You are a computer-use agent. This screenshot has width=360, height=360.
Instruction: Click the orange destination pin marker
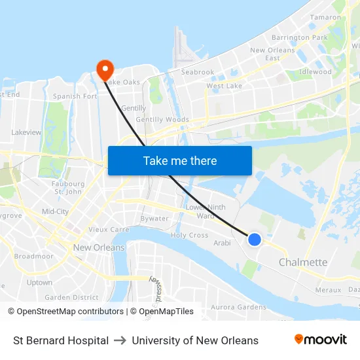point(105,69)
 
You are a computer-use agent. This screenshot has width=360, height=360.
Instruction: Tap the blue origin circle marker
point(255,240)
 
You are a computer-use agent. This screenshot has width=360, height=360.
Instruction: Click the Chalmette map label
point(303,262)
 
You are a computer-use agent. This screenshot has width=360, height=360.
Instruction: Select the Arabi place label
point(223,243)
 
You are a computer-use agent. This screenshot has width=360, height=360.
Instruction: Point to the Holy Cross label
point(190,236)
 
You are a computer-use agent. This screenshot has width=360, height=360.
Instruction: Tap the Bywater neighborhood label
point(154,219)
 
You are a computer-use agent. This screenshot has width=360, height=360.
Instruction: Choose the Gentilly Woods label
point(162,120)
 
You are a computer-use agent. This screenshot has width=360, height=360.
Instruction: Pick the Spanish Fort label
point(75,96)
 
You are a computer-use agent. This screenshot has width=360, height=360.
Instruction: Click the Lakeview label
point(26,132)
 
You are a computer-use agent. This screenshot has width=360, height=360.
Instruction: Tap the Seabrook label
point(198,72)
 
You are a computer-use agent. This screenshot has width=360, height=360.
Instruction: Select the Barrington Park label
point(300,38)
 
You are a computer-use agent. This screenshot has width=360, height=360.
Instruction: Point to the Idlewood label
point(315,72)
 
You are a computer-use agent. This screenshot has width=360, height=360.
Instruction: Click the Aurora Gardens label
point(238,307)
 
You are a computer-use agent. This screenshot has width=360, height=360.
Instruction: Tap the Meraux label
point(328,289)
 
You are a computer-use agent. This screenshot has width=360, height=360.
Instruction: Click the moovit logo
point(320,340)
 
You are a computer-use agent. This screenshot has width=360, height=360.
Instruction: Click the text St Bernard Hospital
point(61,340)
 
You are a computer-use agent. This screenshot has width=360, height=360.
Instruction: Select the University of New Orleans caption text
point(195,340)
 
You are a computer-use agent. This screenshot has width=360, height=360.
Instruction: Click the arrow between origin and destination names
point(120,340)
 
